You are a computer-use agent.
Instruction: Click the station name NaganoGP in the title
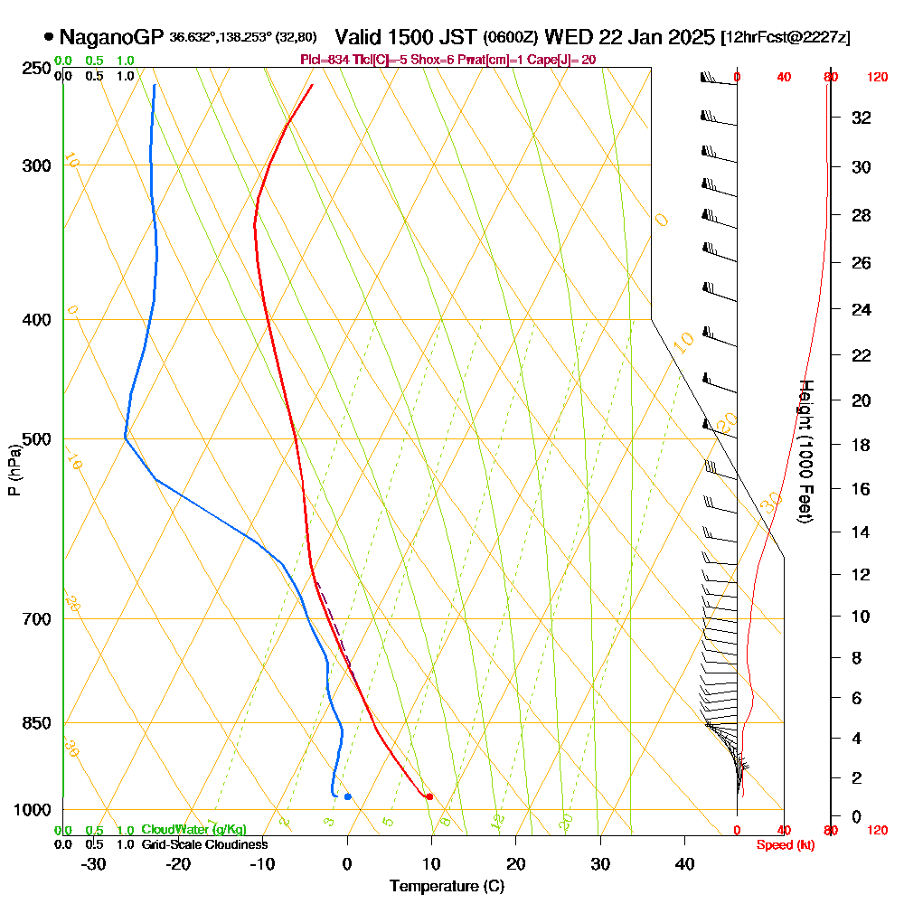(111, 37)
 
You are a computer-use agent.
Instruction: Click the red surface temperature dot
(429, 796)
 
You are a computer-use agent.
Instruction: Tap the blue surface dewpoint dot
(348, 796)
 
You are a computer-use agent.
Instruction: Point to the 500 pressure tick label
(33, 439)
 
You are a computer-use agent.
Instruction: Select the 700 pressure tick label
(33, 619)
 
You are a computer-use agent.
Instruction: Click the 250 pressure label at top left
(33, 68)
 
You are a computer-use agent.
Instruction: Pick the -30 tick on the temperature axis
(94, 863)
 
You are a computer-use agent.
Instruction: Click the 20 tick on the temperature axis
(516, 863)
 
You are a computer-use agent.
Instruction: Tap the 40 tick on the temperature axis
(685, 863)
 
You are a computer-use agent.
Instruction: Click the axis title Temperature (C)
(447, 887)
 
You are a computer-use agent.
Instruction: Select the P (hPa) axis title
(14, 470)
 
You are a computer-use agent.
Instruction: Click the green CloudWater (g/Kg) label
(193, 830)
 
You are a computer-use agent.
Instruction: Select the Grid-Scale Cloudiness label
(204, 844)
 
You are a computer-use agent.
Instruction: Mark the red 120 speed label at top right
(878, 78)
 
